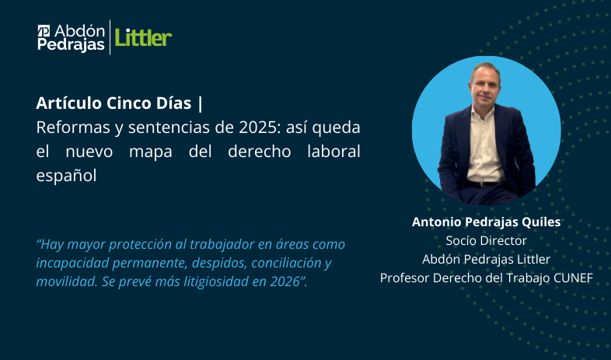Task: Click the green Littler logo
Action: click(x=143, y=37)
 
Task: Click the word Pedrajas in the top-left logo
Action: click(x=71, y=45)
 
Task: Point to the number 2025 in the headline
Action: click(x=244, y=127)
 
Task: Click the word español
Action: click(x=66, y=175)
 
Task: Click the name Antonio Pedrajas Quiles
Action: click(x=486, y=222)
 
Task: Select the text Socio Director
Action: click(x=486, y=240)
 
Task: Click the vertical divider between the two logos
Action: click(x=110, y=37)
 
